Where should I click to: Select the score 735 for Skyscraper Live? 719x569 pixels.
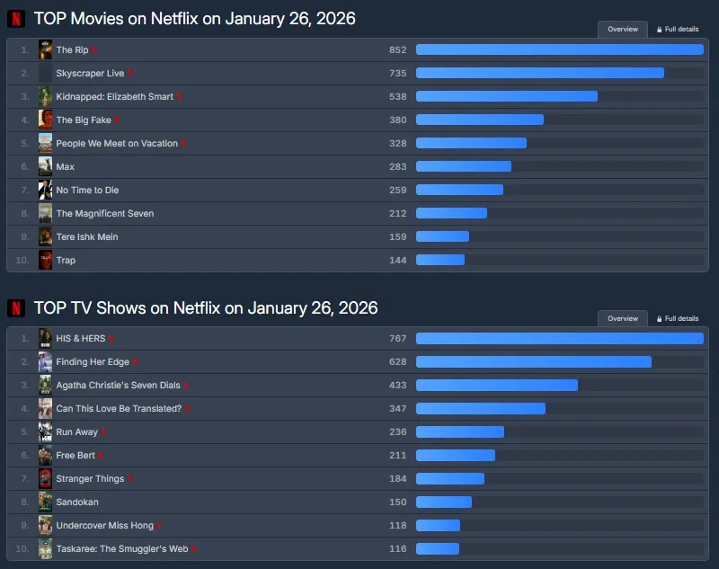pos(397,73)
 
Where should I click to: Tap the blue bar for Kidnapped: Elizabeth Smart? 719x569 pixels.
pos(506,96)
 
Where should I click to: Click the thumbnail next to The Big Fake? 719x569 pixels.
pos(45,120)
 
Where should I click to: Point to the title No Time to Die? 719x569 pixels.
pos(87,190)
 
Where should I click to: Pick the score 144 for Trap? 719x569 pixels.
pos(397,260)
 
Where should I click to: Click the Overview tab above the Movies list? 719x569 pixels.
pos(622,29)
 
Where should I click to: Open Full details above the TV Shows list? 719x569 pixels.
pos(678,318)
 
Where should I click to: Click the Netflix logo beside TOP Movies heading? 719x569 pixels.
pos(15,19)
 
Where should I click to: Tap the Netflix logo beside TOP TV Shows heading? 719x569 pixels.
pos(15,308)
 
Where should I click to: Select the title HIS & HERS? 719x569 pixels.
pos(80,339)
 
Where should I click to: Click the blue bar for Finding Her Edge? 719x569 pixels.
pos(533,362)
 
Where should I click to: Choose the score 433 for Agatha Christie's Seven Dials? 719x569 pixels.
pos(397,386)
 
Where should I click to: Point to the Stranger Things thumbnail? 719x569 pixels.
pos(45,479)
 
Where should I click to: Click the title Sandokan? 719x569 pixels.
pos(77,502)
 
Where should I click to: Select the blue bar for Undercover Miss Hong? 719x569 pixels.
pos(438,526)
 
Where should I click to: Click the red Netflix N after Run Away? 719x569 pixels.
pos(104,432)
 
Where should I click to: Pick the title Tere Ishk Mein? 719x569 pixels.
pos(87,236)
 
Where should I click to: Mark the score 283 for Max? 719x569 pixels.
pos(397,166)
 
